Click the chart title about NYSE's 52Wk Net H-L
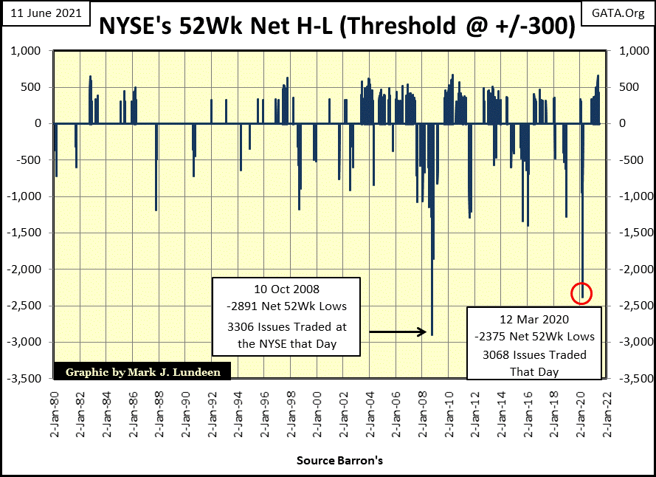click(x=336, y=26)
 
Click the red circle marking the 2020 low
click(x=582, y=293)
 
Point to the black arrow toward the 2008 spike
click(x=397, y=332)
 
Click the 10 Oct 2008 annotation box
click(x=286, y=316)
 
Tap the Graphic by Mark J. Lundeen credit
click(x=142, y=372)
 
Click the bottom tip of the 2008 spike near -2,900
click(x=432, y=334)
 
